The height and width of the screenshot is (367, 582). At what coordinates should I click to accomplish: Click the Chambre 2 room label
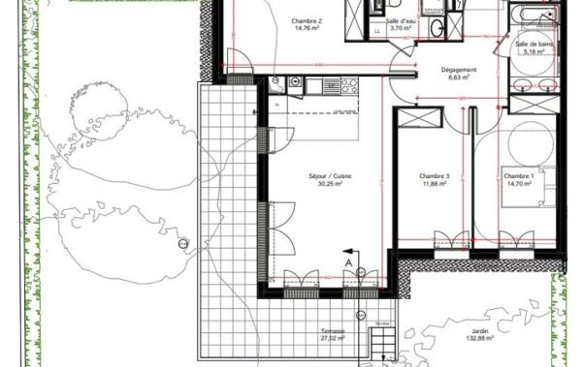point(307,19)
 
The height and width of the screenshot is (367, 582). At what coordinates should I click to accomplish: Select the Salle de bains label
point(534,44)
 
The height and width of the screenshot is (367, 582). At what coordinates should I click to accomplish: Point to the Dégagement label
point(458,70)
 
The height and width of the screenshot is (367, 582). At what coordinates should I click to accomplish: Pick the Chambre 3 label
point(434,176)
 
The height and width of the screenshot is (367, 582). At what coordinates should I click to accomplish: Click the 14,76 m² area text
point(307,28)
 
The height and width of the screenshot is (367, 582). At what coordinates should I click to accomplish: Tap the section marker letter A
point(347,261)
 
